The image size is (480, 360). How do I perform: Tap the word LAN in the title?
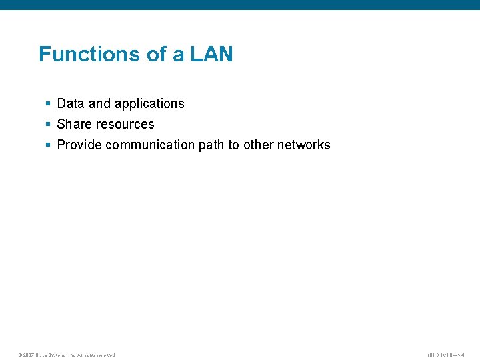[x=211, y=54]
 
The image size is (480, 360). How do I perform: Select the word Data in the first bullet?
[x=71, y=103]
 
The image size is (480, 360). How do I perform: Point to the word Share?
[x=75, y=124]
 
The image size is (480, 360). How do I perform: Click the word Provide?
[x=79, y=145]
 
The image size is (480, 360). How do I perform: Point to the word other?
[x=258, y=145]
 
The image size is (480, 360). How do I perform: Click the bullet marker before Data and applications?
[x=48, y=103]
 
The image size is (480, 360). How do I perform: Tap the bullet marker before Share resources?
[x=48, y=124]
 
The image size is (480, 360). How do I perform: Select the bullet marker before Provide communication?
[x=48, y=145]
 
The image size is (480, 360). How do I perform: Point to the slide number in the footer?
[x=450, y=355]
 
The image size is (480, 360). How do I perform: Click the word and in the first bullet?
[x=99, y=103]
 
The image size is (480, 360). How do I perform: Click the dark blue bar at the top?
[x=240, y=5]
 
